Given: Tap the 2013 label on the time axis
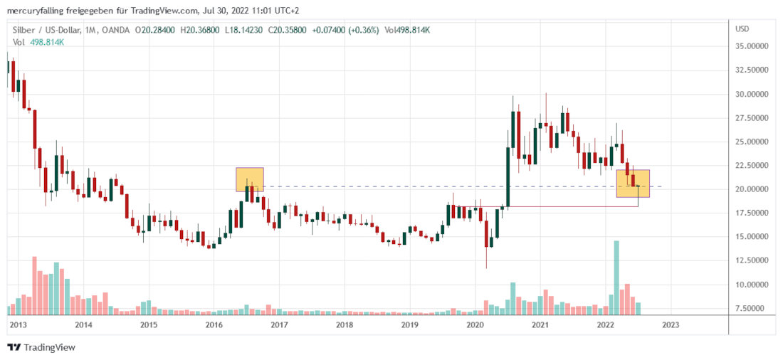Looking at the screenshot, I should [x=18, y=324].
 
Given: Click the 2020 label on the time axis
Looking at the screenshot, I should [x=475, y=324].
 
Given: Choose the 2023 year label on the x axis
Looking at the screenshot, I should [x=671, y=324].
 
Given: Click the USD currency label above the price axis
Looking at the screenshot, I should [x=742, y=29].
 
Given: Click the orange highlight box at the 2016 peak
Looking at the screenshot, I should [x=250, y=179].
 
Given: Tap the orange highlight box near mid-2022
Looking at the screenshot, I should [x=633, y=183].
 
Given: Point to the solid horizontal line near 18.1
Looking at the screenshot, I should [x=569, y=206].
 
